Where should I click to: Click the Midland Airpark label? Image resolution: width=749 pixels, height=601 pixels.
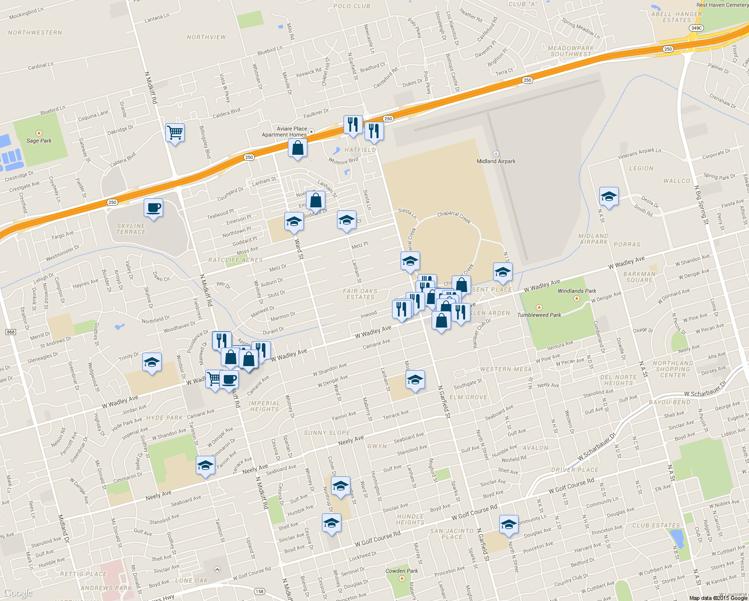pyautogui.click(x=496, y=161)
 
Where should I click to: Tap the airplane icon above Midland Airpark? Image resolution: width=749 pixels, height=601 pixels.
pyautogui.click(x=496, y=154)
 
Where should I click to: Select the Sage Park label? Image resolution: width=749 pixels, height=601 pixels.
pyautogui.click(x=39, y=141)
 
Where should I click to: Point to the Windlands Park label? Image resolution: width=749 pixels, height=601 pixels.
pyautogui.click(x=577, y=291)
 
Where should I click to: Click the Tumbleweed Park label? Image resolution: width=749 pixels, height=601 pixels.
pyautogui.click(x=539, y=315)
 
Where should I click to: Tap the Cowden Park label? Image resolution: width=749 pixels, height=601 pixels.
pyautogui.click(x=402, y=571)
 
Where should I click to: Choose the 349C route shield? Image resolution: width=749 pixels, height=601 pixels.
pyautogui.click(x=696, y=28)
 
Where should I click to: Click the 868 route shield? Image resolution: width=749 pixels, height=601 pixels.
pyautogui.click(x=11, y=332)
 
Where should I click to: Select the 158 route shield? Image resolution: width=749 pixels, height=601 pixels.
pyautogui.click(x=259, y=591)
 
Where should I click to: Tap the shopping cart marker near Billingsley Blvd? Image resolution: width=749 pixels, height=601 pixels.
pyautogui.click(x=175, y=133)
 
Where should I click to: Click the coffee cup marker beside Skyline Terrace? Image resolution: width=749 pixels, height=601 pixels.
pyautogui.click(x=153, y=207)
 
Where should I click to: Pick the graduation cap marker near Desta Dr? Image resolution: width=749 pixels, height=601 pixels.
pyautogui.click(x=609, y=197)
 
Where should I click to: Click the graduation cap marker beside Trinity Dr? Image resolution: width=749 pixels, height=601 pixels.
pyautogui.click(x=151, y=363)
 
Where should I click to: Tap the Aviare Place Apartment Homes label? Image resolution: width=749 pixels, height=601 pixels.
pyautogui.click(x=284, y=132)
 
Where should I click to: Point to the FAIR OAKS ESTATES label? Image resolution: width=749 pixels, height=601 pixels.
pyautogui.click(x=360, y=294)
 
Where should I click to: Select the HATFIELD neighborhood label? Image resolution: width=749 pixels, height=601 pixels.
pyautogui.click(x=360, y=150)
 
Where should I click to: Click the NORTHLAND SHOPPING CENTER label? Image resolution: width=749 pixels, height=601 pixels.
pyautogui.click(x=673, y=369)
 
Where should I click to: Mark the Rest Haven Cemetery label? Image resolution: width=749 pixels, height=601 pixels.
pyautogui.click(x=722, y=5)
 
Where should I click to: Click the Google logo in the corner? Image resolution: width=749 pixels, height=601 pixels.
pyautogui.click(x=18, y=593)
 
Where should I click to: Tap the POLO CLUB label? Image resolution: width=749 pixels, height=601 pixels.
pyautogui.click(x=352, y=6)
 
